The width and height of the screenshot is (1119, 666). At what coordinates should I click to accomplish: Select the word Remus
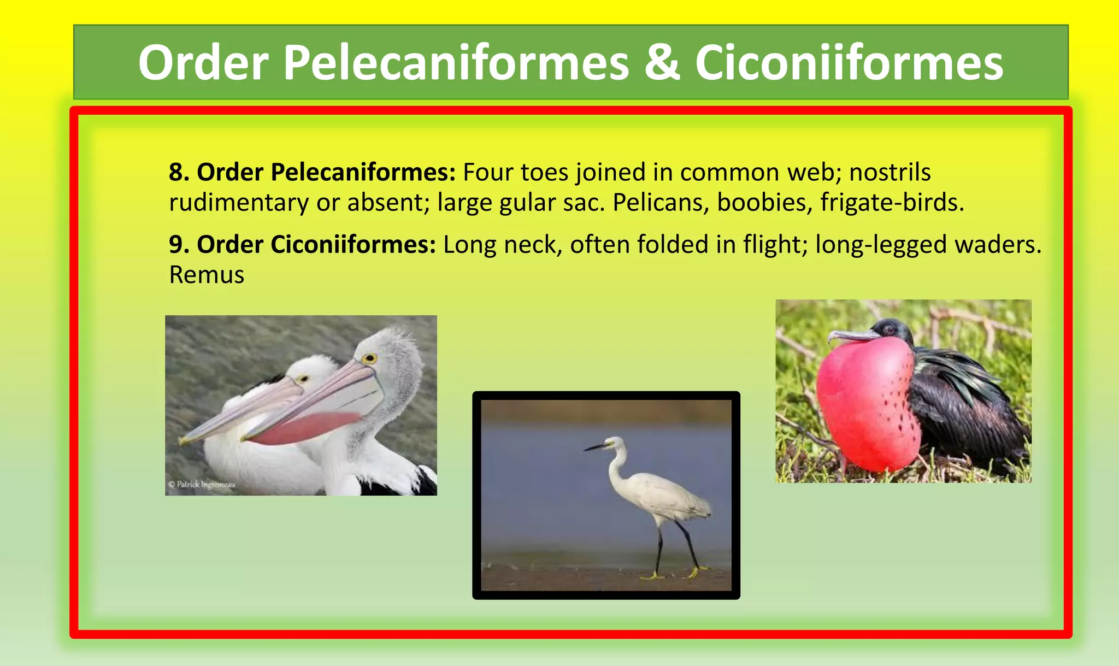(207, 275)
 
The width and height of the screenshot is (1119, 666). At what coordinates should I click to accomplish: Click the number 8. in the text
(179, 172)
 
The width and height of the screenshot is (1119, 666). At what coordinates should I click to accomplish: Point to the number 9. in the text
(179, 244)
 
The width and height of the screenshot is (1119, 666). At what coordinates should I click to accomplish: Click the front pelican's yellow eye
(369, 359)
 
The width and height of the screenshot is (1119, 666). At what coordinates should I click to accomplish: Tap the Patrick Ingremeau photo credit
(202, 485)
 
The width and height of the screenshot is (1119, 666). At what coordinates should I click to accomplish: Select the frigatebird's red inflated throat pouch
(866, 404)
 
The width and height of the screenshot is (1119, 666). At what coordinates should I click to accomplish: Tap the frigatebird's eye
(889, 329)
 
